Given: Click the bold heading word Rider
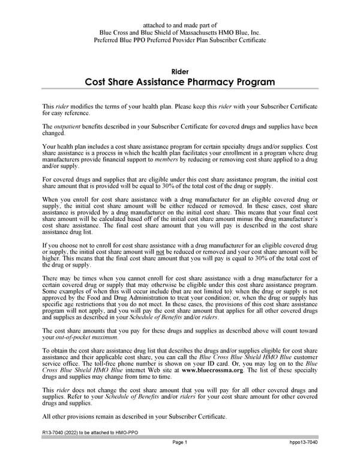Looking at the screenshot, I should [x=180, y=72].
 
